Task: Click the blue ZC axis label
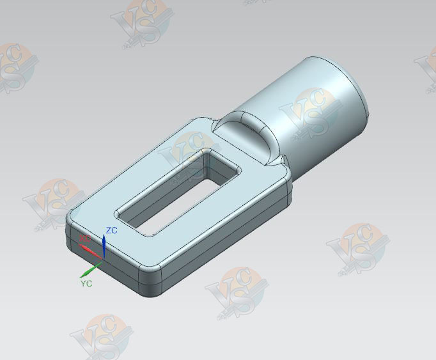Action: point(111,230)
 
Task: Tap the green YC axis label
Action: point(86,283)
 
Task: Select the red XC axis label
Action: point(84,239)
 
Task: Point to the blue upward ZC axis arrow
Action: point(104,241)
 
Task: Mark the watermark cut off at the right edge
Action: point(427,67)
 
